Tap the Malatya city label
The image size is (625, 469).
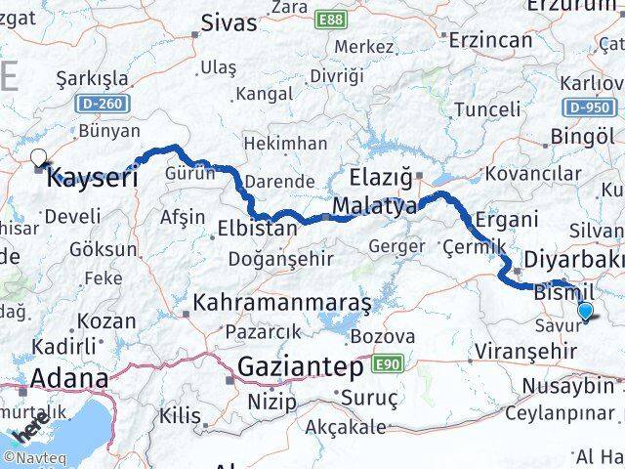click(x=374, y=206)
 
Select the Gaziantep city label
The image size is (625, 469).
click(x=301, y=368)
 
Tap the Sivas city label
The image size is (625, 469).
click(x=229, y=22)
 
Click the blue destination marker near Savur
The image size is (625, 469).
click(x=585, y=311)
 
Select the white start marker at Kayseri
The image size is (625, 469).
click(x=38, y=156)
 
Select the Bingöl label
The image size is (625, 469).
click(x=582, y=136)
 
